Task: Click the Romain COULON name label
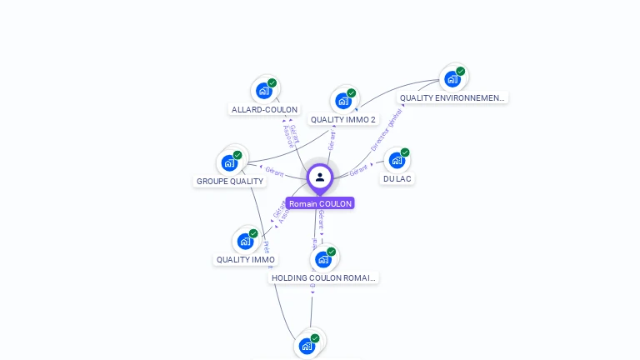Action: (320, 203)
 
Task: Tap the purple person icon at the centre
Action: (320, 177)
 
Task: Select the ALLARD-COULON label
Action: (264, 110)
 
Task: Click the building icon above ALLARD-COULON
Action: (264, 90)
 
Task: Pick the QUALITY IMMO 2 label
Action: (343, 120)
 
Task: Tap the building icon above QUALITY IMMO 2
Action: (343, 100)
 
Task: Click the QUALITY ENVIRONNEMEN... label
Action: (452, 98)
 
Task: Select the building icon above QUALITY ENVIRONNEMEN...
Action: (452, 78)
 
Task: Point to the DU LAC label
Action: (397, 179)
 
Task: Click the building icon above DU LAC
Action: (397, 159)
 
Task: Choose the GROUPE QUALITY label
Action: (230, 182)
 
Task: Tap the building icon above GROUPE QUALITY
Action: (229, 162)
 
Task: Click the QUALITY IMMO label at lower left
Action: (246, 260)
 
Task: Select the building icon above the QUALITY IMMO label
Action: (245, 241)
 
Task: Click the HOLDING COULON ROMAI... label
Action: (324, 278)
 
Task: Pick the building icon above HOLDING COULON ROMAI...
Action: (323, 258)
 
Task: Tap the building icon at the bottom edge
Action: (307, 345)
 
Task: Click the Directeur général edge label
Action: (387, 130)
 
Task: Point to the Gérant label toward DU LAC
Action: (359, 170)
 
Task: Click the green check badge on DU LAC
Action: (405, 152)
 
